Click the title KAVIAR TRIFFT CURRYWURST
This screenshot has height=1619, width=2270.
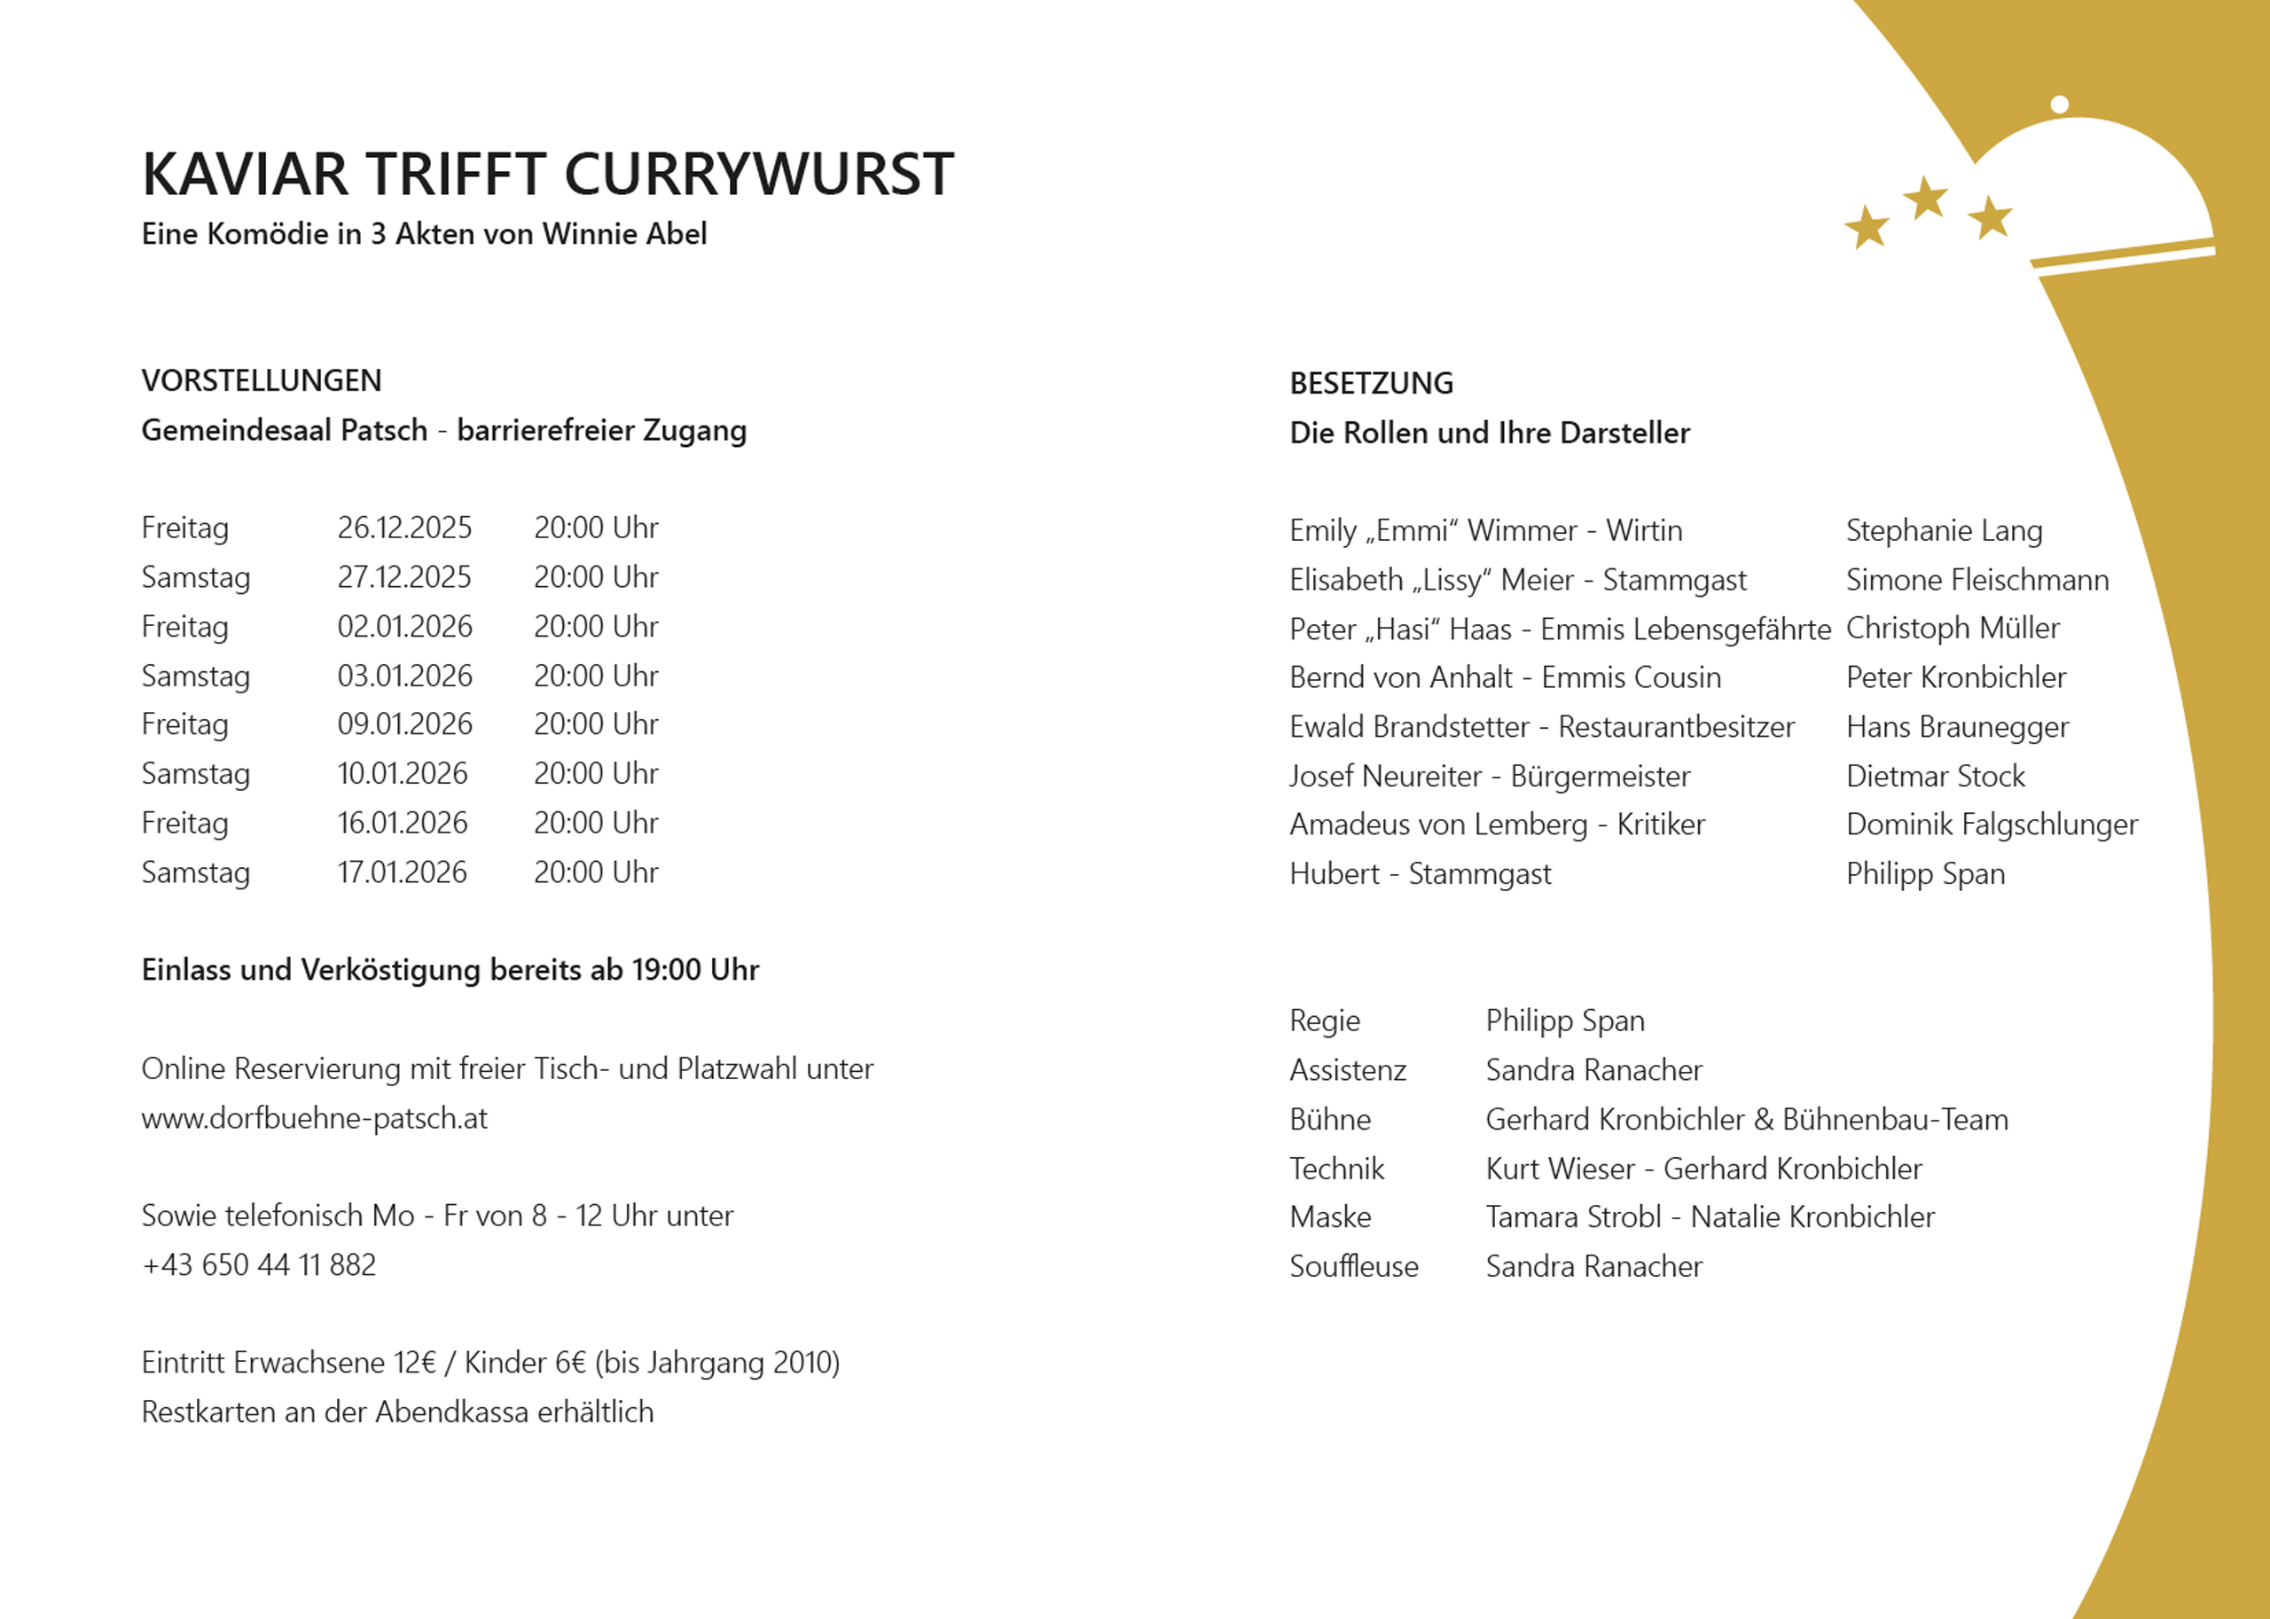click(x=547, y=175)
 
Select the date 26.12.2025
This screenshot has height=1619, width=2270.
click(x=403, y=528)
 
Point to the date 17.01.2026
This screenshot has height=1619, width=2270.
click(x=402, y=872)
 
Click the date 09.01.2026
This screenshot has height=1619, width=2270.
click(x=403, y=723)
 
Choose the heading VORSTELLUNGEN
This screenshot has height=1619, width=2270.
click(x=262, y=381)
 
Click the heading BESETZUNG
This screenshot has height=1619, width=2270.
click(x=1371, y=384)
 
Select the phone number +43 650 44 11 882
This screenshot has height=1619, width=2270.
click(x=258, y=1265)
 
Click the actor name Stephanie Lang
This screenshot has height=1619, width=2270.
click(x=1943, y=530)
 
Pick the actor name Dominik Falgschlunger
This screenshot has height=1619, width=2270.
click(x=1991, y=825)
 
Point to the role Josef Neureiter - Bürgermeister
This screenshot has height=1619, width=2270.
click(x=1490, y=776)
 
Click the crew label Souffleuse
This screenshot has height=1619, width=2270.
click(x=1353, y=1266)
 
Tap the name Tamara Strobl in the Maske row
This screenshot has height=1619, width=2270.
click(x=1572, y=1217)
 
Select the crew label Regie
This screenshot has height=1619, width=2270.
click(x=1324, y=1021)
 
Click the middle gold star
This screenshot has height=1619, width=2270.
click(x=1925, y=199)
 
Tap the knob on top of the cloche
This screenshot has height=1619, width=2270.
click(x=2060, y=104)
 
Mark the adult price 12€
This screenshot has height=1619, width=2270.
click(x=415, y=1363)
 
